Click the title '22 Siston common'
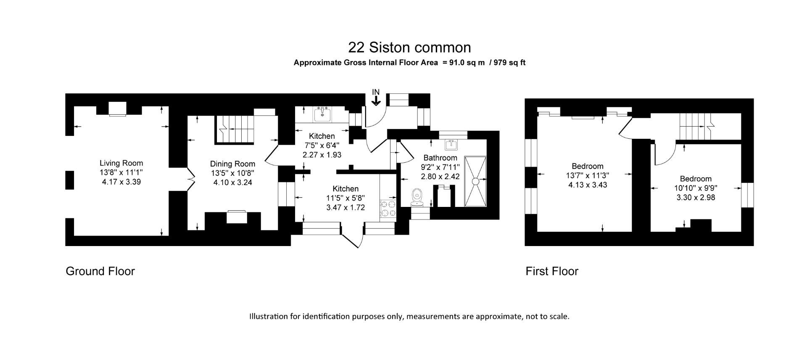pos(409,47)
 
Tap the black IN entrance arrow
pos(376,100)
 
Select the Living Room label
pos(121,163)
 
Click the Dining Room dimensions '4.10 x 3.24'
pos(232,183)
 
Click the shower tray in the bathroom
pos(475,181)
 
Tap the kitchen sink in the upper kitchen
pos(322,114)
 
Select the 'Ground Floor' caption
pos(100,271)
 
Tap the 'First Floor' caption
pos(551,271)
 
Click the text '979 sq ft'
pos(509,63)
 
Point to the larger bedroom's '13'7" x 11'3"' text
pos(588,175)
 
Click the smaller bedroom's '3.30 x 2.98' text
pos(696,197)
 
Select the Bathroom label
pos(440,158)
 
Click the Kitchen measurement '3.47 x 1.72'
pos(345,207)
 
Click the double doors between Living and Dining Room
pos(190,180)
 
